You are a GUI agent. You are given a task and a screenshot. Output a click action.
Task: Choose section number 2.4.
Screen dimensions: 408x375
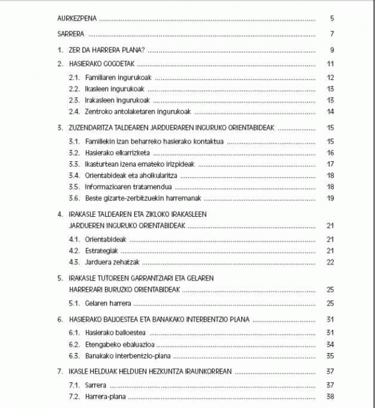tap(74, 112)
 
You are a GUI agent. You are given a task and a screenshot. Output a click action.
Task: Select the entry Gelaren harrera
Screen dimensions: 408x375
tap(107, 303)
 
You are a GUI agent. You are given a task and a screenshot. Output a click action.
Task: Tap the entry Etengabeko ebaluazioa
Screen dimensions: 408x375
tap(119, 344)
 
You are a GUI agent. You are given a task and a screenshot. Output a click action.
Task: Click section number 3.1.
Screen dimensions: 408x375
tap(74, 142)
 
